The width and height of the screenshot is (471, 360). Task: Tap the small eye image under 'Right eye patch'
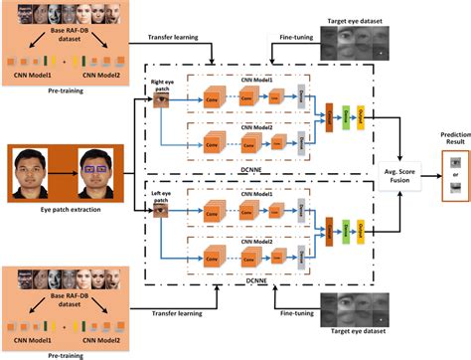pos(162,100)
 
